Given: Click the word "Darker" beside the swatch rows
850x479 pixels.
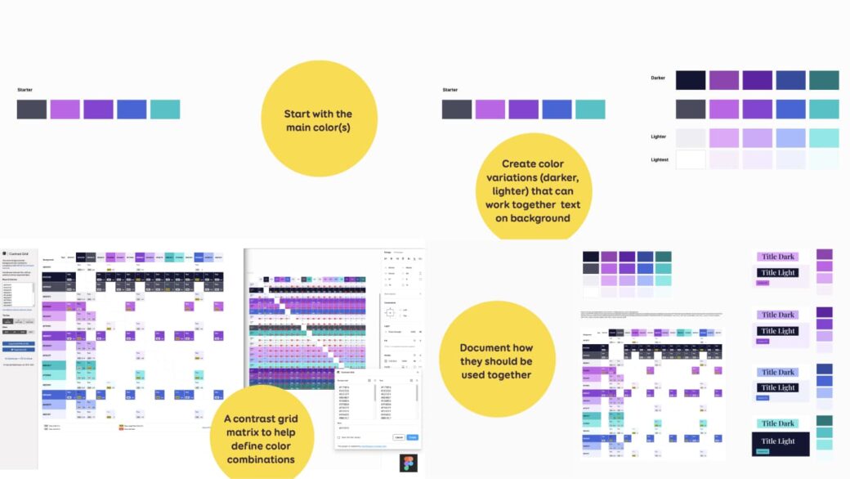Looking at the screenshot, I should click(x=658, y=78).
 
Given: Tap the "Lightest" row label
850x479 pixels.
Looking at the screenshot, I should click(x=659, y=159).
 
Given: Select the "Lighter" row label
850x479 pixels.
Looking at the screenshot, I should click(x=658, y=137).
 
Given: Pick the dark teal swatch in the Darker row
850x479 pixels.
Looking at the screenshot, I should click(x=824, y=80).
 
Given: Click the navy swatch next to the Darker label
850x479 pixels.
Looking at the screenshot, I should click(x=691, y=80).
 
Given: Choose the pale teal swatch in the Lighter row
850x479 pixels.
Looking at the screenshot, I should click(x=824, y=137).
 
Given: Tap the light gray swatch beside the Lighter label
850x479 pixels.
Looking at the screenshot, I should click(x=691, y=137).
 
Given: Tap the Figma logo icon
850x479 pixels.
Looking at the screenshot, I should click(x=409, y=463).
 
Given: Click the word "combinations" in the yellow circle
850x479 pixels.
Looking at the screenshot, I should click(x=262, y=459).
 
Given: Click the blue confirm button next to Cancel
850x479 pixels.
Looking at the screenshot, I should click(x=413, y=437).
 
